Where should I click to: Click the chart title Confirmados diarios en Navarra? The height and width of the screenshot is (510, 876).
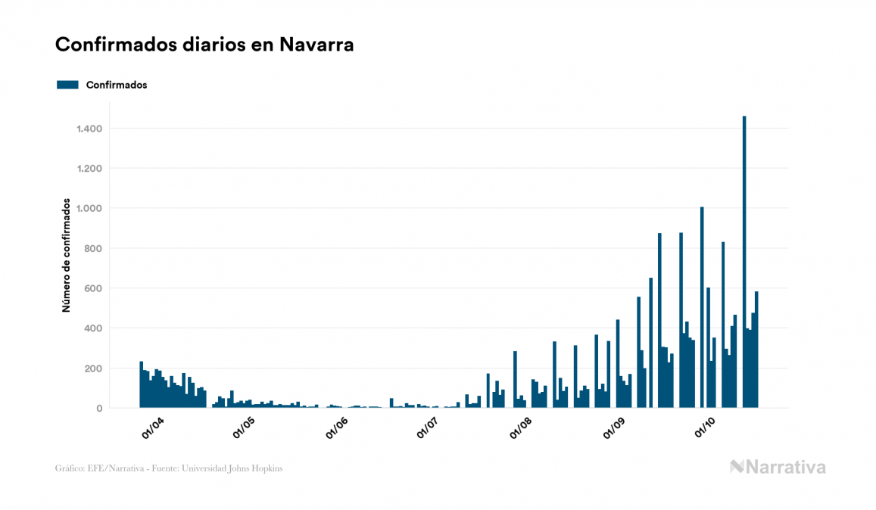tap(204, 45)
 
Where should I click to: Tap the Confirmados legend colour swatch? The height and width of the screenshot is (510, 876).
tap(67, 85)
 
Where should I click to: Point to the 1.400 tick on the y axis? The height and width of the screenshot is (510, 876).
tap(89, 129)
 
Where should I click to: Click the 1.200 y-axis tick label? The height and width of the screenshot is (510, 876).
tap(89, 169)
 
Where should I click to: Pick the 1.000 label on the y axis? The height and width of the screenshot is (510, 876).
tap(89, 209)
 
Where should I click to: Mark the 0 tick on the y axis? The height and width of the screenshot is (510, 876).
tap(99, 409)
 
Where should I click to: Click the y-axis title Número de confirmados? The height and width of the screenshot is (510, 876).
tap(66, 256)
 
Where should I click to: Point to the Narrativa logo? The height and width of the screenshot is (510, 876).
tap(778, 467)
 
